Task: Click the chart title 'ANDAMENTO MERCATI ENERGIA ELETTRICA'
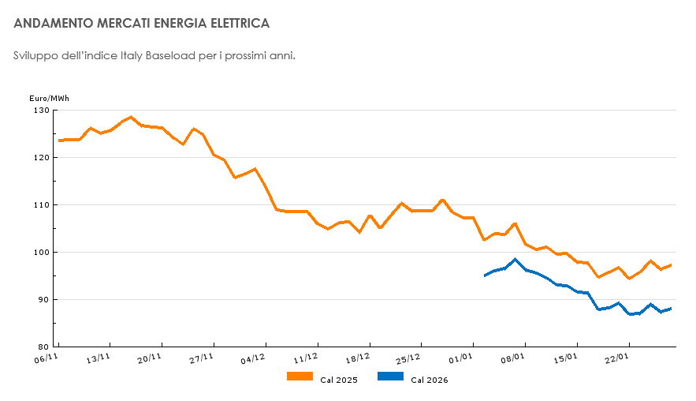click(142, 24)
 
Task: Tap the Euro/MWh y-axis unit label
click(49, 98)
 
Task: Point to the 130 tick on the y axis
click(41, 111)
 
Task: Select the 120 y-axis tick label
click(41, 158)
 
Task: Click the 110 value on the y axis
click(41, 205)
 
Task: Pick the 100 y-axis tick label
click(41, 253)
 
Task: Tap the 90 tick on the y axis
click(43, 300)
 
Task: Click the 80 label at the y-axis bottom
click(43, 347)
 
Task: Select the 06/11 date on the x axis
click(47, 358)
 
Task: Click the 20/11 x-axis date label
click(150, 358)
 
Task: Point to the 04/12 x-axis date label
click(253, 358)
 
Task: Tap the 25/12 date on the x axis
click(409, 358)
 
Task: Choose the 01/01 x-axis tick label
click(461, 358)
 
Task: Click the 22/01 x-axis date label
click(617, 358)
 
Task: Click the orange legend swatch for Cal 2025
click(300, 377)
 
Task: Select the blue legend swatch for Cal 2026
click(391, 377)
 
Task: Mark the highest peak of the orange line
click(131, 117)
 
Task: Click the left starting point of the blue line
click(485, 275)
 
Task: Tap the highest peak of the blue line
click(515, 259)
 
